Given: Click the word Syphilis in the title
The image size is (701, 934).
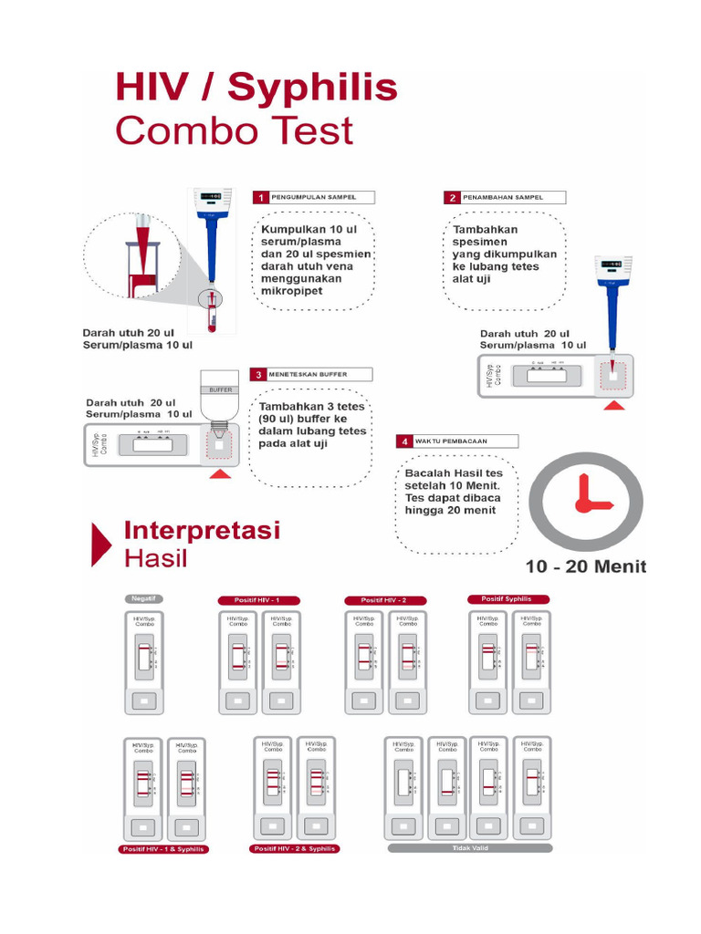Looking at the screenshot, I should point(312,88).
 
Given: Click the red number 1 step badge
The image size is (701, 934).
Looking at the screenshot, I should point(260,197).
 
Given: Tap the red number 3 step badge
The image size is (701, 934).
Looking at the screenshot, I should point(259,374).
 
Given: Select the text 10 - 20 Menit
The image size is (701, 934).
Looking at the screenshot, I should point(585,566).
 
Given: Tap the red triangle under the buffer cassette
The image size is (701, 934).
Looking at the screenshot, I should point(220,473).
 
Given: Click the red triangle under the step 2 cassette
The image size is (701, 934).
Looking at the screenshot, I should point(614,404).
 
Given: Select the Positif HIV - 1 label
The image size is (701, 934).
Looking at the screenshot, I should point(259,600).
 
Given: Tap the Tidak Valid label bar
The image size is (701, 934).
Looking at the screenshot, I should point(469,847).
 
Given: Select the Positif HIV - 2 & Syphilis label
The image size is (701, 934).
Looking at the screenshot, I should point(294,848).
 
